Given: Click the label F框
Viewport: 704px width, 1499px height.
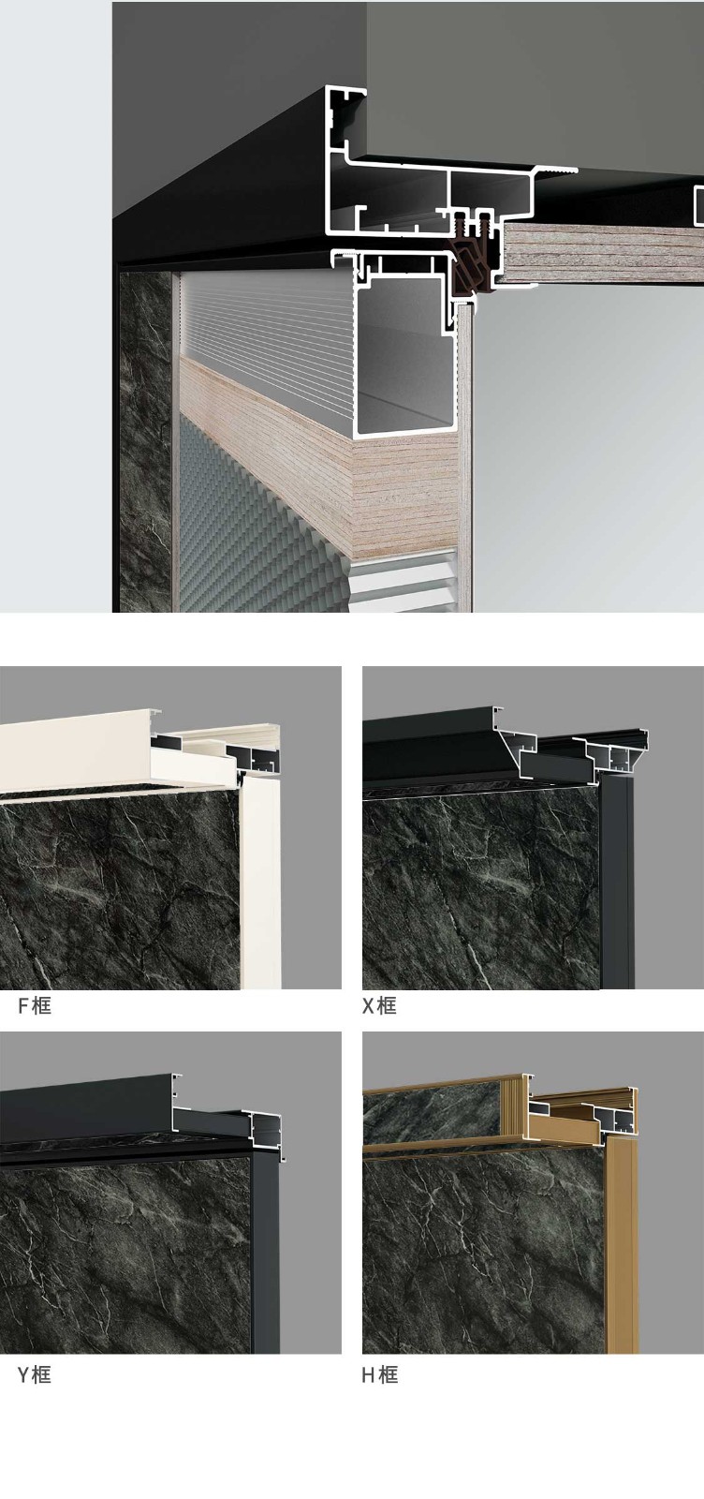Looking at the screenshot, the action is pyautogui.click(x=34, y=1006).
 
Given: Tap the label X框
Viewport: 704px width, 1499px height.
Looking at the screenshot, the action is pyautogui.click(x=379, y=1006).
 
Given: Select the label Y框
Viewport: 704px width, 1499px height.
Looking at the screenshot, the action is pyautogui.click(x=34, y=1374).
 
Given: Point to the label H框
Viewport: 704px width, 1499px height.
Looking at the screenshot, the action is pyautogui.click(x=379, y=1374).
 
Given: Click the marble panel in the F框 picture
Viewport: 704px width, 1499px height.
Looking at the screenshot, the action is pyautogui.click(x=121, y=890).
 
